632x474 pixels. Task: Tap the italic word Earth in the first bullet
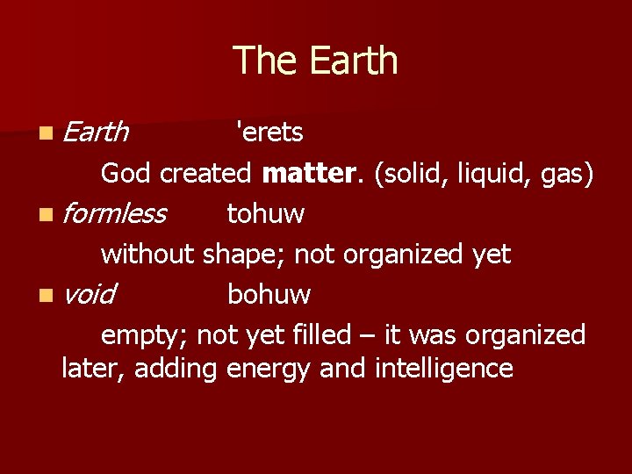(x=97, y=133)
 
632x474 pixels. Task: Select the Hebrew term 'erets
(x=269, y=133)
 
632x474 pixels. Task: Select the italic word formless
(x=115, y=213)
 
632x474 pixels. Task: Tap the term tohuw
(x=265, y=213)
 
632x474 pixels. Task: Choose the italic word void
(x=89, y=294)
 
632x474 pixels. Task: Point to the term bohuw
(x=269, y=294)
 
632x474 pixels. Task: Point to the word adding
(x=179, y=369)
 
